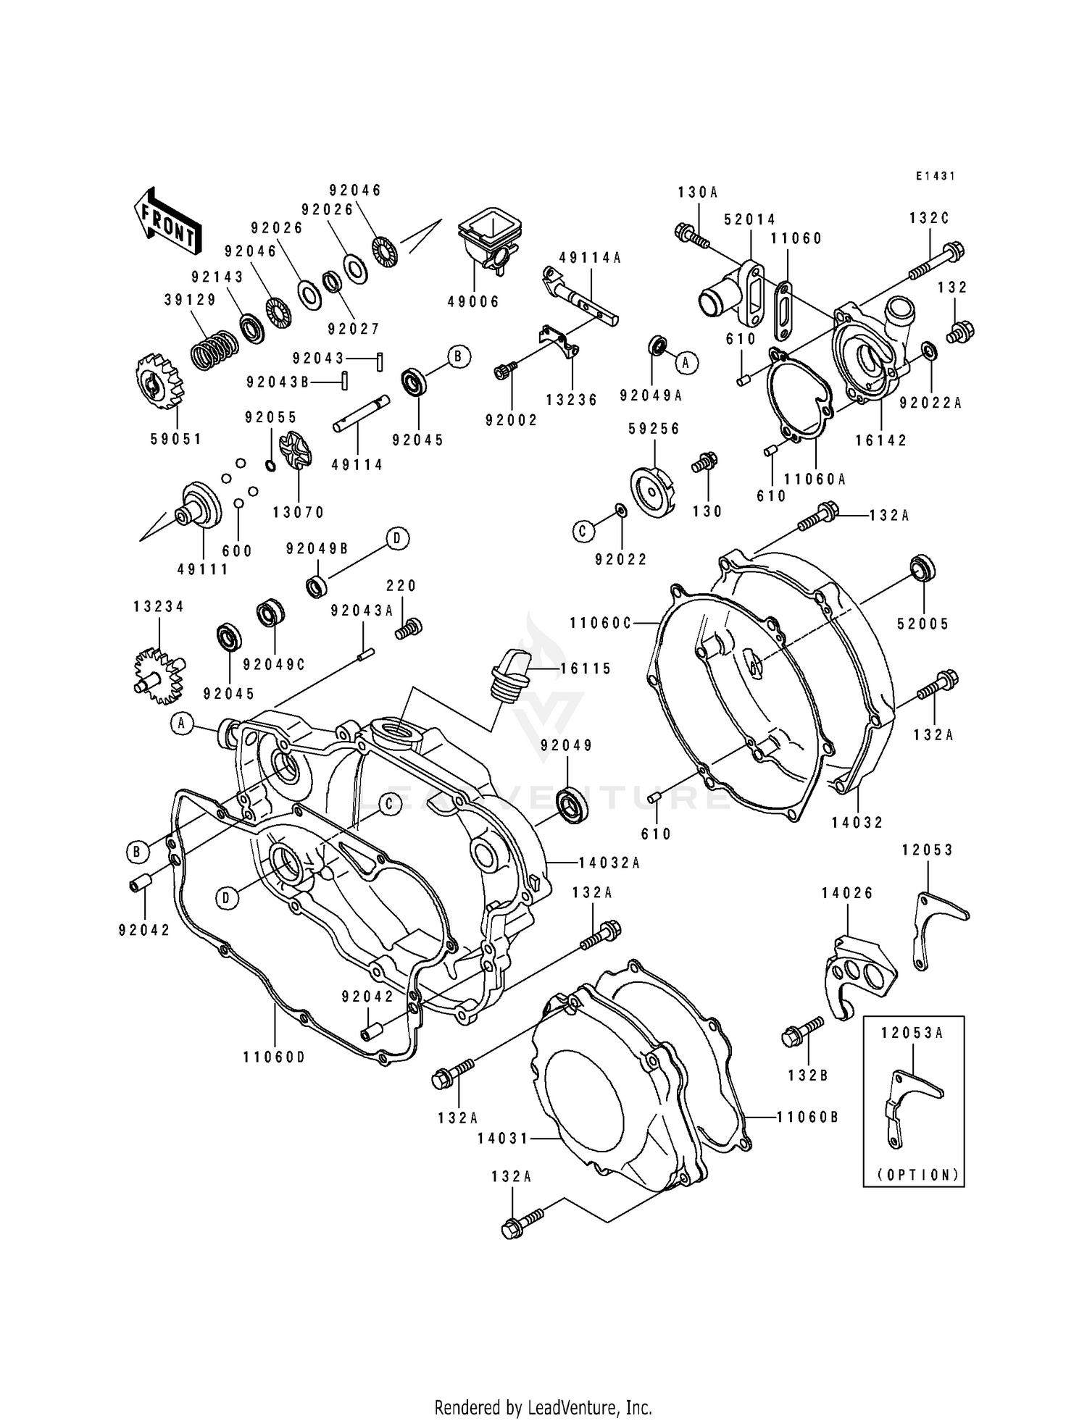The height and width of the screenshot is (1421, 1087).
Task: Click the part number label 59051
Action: [x=176, y=439]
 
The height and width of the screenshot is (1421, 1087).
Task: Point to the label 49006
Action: [x=473, y=301]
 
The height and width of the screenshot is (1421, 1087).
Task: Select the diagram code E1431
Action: [x=935, y=176]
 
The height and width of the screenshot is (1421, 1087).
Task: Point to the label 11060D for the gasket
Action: [x=274, y=1057]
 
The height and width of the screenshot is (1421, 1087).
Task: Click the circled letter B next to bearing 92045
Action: [x=458, y=356]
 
